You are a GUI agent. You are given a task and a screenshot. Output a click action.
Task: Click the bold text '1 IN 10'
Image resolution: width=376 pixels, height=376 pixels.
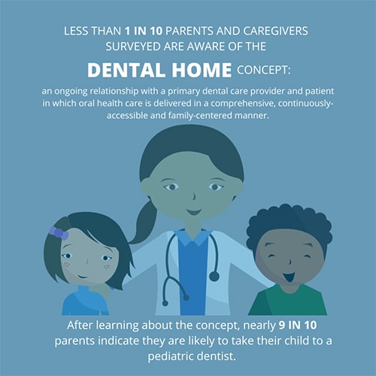point(144,31)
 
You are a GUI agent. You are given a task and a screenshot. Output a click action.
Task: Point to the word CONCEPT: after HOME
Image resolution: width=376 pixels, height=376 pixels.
point(264,70)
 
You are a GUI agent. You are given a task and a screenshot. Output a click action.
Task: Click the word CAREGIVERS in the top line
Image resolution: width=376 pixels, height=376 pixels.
point(275,31)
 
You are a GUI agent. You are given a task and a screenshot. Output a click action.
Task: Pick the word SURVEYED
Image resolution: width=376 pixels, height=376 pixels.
point(133,47)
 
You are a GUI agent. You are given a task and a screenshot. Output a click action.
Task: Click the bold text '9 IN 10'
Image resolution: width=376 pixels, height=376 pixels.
point(298,326)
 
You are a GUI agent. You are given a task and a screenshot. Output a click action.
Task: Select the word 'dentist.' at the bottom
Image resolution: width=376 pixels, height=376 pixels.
point(216,356)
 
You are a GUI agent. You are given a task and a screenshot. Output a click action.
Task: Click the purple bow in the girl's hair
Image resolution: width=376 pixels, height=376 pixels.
point(59,233)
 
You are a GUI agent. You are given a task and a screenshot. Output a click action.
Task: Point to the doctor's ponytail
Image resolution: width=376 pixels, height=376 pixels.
point(143,223)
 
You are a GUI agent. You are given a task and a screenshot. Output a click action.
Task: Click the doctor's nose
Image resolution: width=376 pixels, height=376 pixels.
point(194,196)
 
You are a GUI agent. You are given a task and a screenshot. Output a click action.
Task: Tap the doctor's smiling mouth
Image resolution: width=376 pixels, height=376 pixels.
point(194,212)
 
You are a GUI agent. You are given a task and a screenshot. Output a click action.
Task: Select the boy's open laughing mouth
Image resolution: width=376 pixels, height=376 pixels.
point(289,277)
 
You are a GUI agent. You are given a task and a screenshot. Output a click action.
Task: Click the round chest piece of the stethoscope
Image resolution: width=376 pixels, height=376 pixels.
point(214,276)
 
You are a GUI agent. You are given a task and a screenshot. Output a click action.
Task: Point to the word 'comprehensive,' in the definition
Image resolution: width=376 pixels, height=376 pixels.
point(243,104)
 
